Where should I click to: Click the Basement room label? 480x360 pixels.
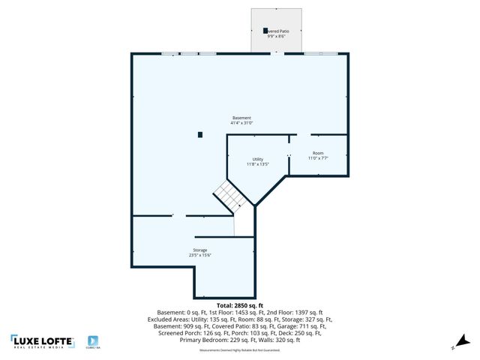pyautogui.click(x=241, y=118)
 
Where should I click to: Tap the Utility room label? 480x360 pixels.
pyautogui.click(x=257, y=159)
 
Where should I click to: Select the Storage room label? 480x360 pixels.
pyautogui.click(x=199, y=250)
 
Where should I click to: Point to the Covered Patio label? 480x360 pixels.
pyautogui.click(x=277, y=31)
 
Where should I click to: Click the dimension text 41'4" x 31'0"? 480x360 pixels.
pyautogui.click(x=241, y=123)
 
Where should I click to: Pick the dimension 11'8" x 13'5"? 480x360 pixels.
pyautogui.click(x=257, y=164)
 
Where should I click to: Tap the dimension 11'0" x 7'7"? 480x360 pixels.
pyautogui.click(x=318, y=158)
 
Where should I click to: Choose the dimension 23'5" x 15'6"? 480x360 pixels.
pyautogui.click(x=199, y=255)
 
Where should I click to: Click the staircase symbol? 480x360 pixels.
pyautogui.click(x=231, y=196)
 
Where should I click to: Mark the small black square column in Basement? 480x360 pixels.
pyautogui.click(x=200, y=135)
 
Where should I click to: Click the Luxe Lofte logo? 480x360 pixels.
pyautogui.click(x=42, y=342)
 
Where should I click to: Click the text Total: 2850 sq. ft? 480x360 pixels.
pyautogui.click(x=240, y=306)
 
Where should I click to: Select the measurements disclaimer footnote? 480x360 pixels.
pyautogui.click(x=239, y=350)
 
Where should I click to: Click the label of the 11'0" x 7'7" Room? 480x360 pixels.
pyautogui.click(x=318, y=153)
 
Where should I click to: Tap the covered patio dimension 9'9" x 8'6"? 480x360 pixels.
pyautogui.click(x=277, y=36)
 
